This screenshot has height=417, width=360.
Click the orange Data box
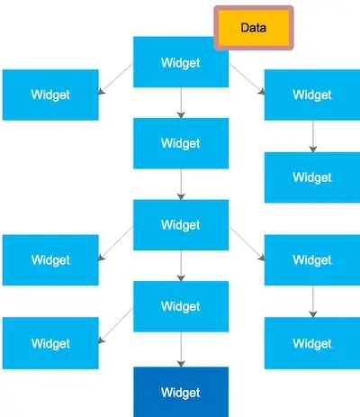click(254, 28)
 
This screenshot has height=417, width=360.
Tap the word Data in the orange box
click(254, 28)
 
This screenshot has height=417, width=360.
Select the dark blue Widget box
click(180, 392)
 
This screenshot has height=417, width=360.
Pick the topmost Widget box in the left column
click(50, 95)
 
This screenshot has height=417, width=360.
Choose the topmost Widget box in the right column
click(311, 95)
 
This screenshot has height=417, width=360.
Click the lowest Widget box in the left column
click(50, 343)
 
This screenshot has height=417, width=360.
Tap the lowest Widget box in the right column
click(311, 343)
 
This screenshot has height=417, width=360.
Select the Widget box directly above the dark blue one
click(180, 306)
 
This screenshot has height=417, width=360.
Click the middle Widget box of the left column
click(50, 260)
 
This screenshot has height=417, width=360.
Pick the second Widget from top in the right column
click(311, 177)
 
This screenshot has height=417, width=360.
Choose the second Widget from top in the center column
click(180, 143)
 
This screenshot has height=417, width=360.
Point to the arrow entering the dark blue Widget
click(180, 349)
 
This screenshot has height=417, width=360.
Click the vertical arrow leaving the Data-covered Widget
click(180, 103)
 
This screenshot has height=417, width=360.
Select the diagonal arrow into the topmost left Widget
click(116, 77)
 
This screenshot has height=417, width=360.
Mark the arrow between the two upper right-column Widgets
click(312, 136)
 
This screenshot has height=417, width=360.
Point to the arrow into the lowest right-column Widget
click(312, 302)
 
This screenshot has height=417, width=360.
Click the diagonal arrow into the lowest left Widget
click(116, 325)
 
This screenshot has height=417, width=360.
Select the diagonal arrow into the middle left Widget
click(116, 243)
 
